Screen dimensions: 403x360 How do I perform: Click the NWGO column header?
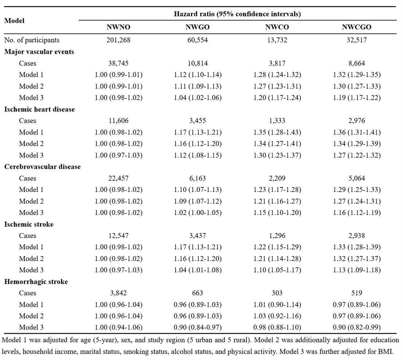pos(197,27)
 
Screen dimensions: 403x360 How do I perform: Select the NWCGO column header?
pos(356,27)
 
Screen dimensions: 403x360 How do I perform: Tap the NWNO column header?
pos(118,27)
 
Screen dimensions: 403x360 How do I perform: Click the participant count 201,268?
pos(118,40)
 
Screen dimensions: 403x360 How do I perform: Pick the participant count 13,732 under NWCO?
pos(277,40)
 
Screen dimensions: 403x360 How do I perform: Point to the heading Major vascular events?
pos(39,52)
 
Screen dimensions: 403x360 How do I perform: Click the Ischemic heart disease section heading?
pos(40,109)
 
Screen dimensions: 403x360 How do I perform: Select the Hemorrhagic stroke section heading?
pos(36,282)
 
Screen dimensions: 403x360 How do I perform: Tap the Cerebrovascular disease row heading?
pos(42,167)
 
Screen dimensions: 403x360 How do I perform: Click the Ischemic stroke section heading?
pos(29,224)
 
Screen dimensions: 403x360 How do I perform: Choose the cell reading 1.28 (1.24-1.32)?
pos(277,75)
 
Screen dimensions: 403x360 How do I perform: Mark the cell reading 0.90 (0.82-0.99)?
pos(356,327)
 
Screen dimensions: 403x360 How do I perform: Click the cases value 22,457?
pos(118,178)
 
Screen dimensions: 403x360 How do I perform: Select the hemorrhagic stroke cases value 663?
pos(197,293)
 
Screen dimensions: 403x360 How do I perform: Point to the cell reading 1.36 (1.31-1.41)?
pos(356,132)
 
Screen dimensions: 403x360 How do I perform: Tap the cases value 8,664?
pos(356,63)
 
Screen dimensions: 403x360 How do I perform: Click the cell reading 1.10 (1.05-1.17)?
pos(277,270)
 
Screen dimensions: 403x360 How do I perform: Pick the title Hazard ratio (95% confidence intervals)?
pos(237,14)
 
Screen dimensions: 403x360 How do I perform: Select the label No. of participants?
pos(32,40)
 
